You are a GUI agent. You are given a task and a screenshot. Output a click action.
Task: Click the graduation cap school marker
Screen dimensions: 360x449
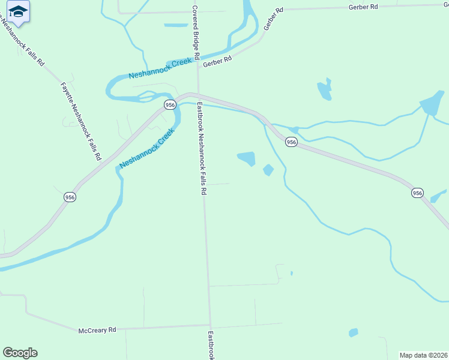19,11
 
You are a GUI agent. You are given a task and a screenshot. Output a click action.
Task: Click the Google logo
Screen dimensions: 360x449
20,353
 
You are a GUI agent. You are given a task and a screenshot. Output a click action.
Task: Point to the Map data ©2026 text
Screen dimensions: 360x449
424,355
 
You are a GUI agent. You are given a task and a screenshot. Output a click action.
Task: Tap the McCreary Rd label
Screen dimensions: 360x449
97,330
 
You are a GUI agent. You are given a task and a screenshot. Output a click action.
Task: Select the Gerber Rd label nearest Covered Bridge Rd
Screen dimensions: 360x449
217,62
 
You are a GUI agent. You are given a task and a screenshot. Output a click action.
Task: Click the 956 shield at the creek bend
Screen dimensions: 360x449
170,105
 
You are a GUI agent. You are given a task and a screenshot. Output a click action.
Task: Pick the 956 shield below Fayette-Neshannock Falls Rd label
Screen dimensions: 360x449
70,197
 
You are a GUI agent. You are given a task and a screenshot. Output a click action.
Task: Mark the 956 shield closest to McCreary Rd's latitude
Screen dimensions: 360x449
418,193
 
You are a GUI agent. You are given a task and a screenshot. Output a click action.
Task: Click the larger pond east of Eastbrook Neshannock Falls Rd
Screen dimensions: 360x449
247,158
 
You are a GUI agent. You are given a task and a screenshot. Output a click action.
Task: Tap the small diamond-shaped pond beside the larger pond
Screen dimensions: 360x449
268,170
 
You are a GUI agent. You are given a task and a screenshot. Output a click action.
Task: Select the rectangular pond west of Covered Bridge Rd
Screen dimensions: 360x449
176,25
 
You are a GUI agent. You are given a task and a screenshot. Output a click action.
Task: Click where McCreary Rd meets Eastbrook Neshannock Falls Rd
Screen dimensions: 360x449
211,326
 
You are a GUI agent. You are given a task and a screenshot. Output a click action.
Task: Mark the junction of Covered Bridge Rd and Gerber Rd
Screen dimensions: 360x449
198,68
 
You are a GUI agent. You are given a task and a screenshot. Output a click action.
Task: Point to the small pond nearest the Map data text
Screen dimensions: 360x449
354,332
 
